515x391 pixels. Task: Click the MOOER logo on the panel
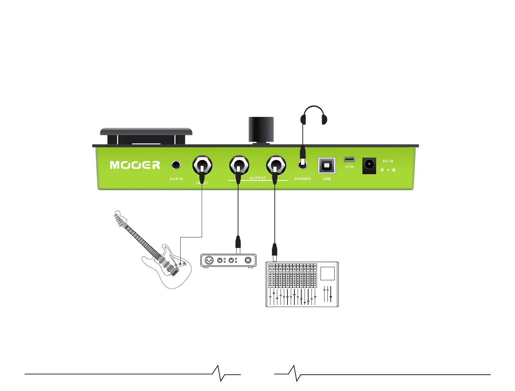pos(135,165)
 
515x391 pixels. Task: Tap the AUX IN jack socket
pos(176,165)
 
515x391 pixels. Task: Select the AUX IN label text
pos(176,179)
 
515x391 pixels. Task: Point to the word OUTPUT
pos(258,178)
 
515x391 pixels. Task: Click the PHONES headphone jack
pos(302,165)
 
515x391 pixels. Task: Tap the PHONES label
pos(302,179)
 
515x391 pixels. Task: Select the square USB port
pos(326,166)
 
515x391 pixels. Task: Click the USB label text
pos(326,179)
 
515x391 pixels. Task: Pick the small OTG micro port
pos(349,159)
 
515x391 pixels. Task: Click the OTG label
pos(349,167)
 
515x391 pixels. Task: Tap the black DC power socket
pos(369,166)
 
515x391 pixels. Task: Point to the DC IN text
pos(388,161)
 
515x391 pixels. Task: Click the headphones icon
pos(314,115)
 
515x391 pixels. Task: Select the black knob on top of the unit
pos(261,130)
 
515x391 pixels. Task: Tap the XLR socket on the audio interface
pos(209,260)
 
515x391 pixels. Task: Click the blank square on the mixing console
pos(327,273)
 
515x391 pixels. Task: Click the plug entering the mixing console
pos(275,250)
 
